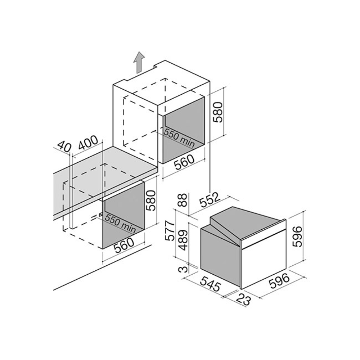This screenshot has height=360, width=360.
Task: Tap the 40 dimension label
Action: [64, 147]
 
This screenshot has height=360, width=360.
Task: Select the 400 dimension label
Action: [88, 143]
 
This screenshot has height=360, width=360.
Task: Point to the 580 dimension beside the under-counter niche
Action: [151, 200]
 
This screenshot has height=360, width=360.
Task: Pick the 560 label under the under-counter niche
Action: [124, 245]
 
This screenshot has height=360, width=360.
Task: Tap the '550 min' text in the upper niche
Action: [179, 137]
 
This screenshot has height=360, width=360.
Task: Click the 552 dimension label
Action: [210, 200]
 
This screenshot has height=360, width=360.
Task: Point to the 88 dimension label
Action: [183, 200]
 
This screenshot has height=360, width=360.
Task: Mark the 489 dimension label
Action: [183, 240]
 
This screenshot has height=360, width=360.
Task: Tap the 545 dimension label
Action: [211, 284]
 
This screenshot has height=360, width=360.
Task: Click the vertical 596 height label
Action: [298, 237]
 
